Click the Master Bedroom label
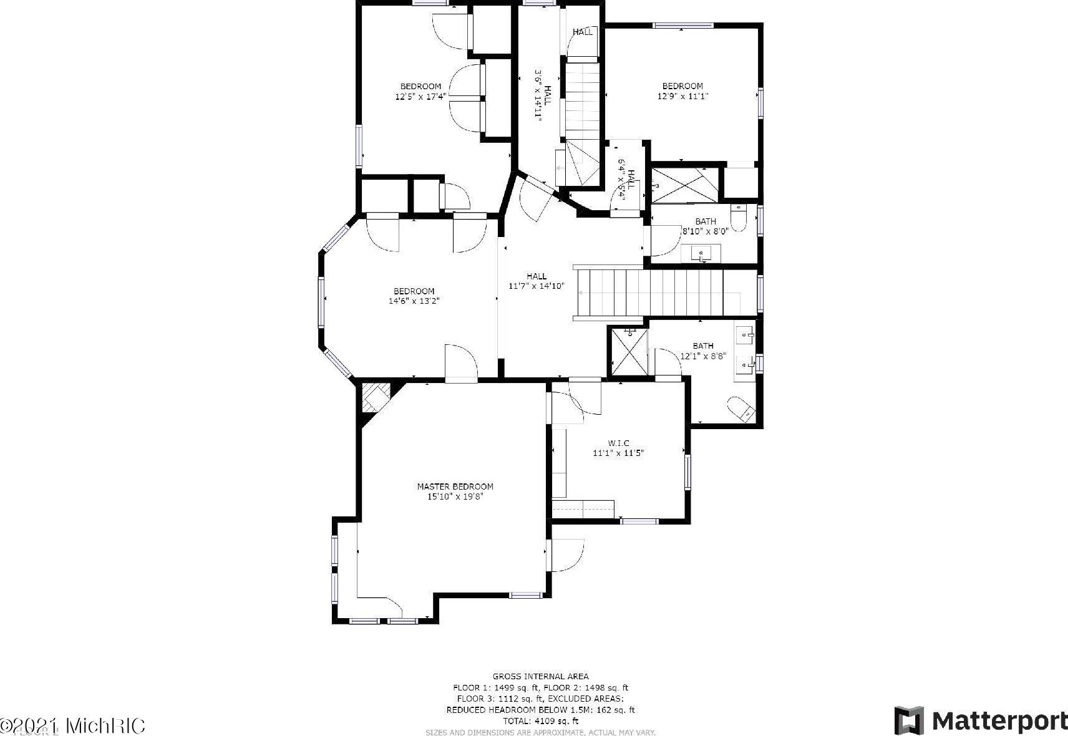455,487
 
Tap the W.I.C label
618,443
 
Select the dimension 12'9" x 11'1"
682,96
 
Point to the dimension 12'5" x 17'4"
420,96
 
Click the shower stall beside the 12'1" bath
629,351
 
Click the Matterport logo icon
909,720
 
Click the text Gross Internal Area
540,676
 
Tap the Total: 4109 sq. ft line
540,721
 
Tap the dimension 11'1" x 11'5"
618,453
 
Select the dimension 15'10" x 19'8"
455,497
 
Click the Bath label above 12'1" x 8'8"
703,346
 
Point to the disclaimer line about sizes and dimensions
540,732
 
